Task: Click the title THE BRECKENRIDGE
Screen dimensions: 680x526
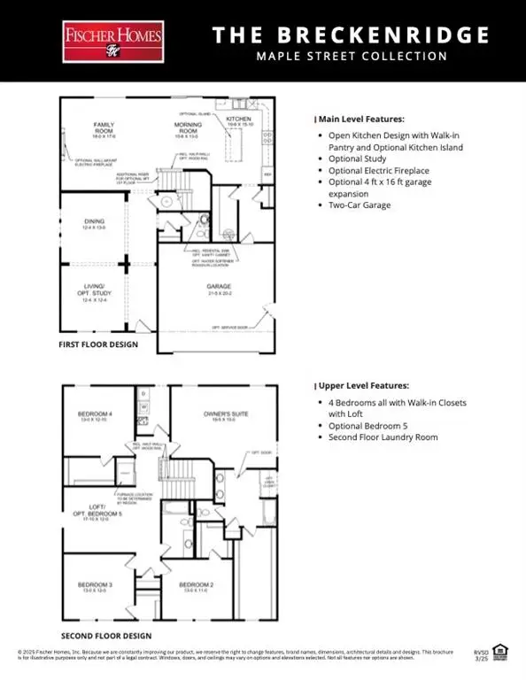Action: [x=352, y=35]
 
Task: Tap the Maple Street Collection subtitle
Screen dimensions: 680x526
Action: [x=352, y=57]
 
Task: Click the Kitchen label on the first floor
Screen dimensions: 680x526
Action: [x=240, y=120]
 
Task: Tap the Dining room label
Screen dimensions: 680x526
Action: [x=94, y=223]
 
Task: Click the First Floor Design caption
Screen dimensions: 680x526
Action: [x=99, y=344]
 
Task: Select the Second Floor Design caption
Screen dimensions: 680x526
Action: [x=105, y=636]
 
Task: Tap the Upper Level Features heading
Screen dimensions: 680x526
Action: [x=362, y=386]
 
